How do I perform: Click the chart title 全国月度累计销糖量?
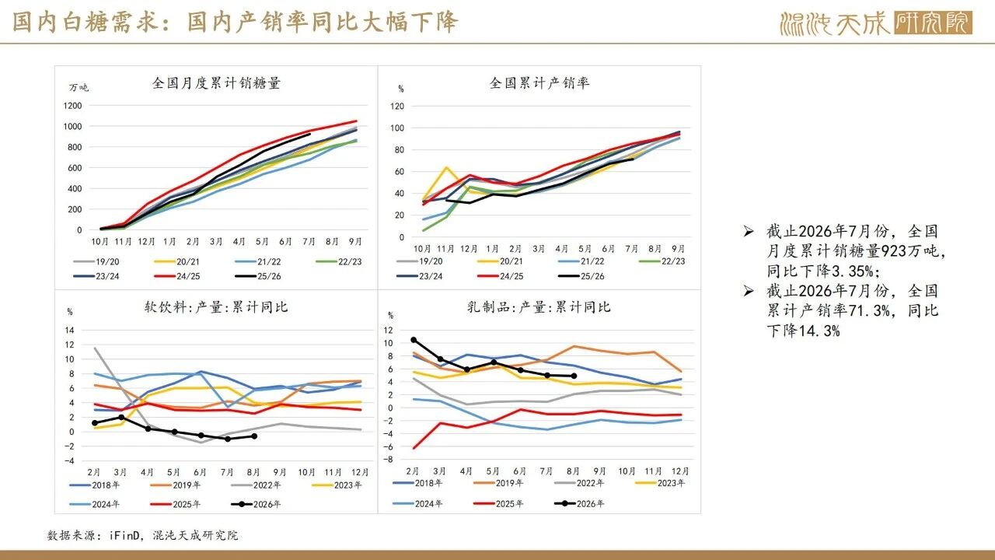tap(216, 83)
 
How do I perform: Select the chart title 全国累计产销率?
tap(539, 83)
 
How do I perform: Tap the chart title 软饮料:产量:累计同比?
tap(216, 307)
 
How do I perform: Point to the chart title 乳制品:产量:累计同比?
tap(539, 307)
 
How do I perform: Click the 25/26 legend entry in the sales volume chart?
tap(258, 276)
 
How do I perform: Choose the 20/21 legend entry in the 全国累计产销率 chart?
tap(500, 261)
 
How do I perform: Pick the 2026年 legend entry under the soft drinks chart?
tap(256, 504)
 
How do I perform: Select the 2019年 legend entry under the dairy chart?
tap(498, 483)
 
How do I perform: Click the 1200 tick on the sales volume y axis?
tap(72, 106)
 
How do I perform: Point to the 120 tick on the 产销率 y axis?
tap(397, 107)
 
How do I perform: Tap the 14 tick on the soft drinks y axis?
tap(69, 331)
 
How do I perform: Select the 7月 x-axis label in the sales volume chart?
tap(309, 241)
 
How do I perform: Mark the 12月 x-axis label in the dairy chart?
tap(680, 471)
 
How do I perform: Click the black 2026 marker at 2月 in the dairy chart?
tap(414, 340)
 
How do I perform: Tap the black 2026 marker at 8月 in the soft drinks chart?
tap(254, 436)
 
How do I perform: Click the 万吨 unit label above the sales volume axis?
tap(79, 88)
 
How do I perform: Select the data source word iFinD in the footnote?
tap(124, 536)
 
